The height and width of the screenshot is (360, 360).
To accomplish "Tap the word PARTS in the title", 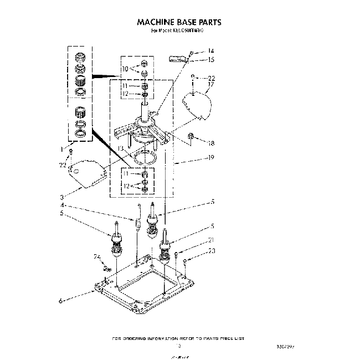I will tap(210, 23).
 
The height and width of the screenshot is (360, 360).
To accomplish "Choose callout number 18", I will tap(211, 143).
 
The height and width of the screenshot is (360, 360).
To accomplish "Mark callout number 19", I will tap(210, 157).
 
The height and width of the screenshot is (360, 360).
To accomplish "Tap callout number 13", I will tap(120, 149).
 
